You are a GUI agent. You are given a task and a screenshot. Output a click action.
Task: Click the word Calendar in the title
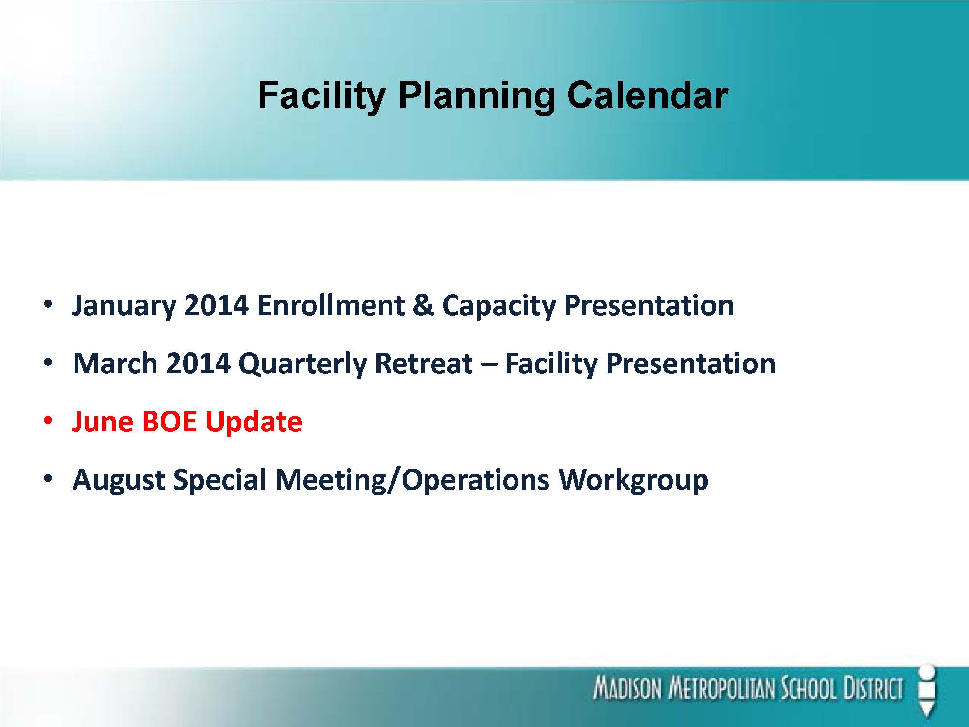(647, 95)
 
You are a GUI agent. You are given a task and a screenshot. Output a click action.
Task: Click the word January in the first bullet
(124, 306)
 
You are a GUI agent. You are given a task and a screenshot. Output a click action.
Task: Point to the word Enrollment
(331, 305)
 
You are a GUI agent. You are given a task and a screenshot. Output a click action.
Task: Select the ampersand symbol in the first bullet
(423, 305)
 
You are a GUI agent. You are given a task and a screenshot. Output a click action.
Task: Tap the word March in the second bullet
(115, 363)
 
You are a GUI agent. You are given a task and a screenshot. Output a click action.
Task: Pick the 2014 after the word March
(198, 363)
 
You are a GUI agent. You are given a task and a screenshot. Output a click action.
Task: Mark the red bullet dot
(47, 421)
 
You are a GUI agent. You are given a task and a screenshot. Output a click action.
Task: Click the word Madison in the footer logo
(627, 689)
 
